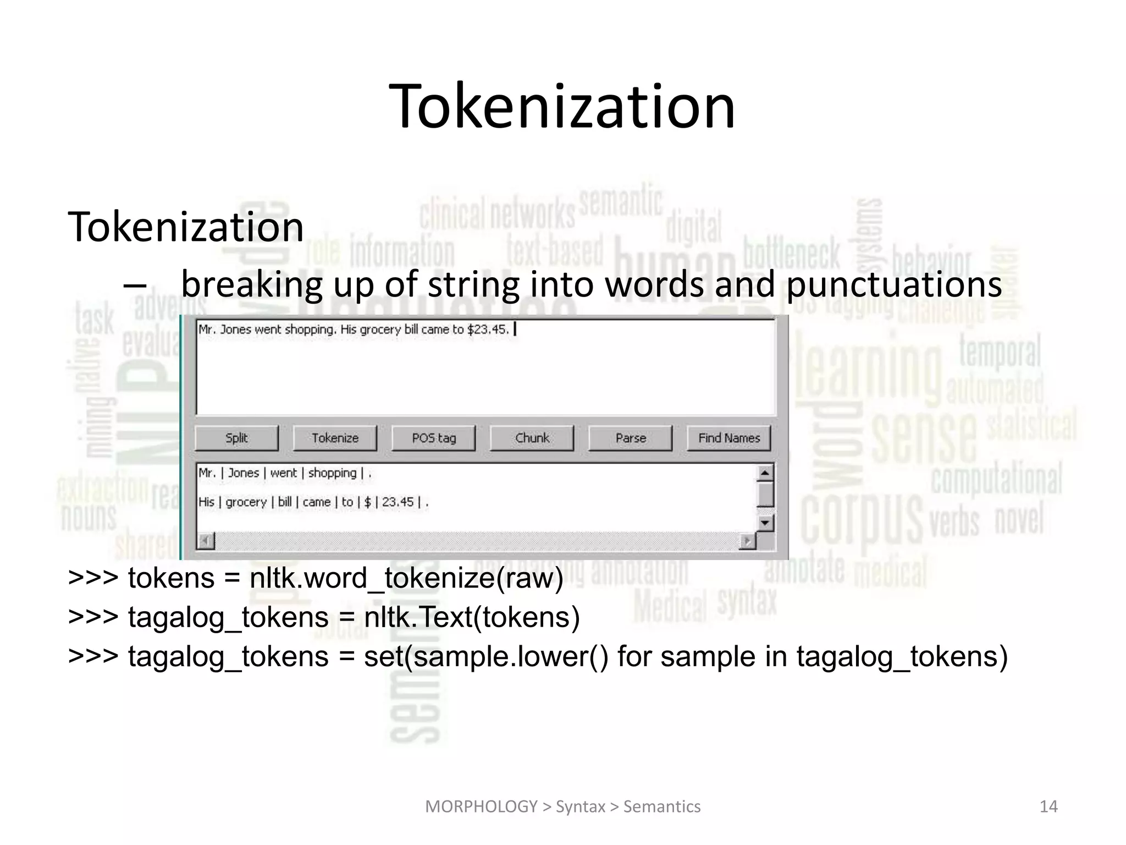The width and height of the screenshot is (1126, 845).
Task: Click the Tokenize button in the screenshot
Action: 335,438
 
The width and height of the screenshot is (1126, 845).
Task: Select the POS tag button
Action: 434,438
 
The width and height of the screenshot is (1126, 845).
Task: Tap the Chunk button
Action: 532,438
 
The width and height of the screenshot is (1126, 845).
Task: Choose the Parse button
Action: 631,438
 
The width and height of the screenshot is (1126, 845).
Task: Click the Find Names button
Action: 729,438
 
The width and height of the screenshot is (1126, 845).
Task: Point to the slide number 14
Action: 1048,806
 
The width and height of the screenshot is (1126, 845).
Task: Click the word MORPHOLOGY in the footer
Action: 481,806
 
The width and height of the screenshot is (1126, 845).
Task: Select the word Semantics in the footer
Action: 662,806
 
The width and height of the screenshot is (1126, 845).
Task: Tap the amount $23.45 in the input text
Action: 488,330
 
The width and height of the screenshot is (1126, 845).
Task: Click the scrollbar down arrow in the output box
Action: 765,523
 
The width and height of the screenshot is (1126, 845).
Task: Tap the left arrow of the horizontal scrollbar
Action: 206,541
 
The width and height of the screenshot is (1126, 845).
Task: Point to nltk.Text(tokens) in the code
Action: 472,617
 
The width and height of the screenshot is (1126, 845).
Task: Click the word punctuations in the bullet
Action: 894,284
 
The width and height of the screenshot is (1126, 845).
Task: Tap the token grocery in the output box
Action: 246,502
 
